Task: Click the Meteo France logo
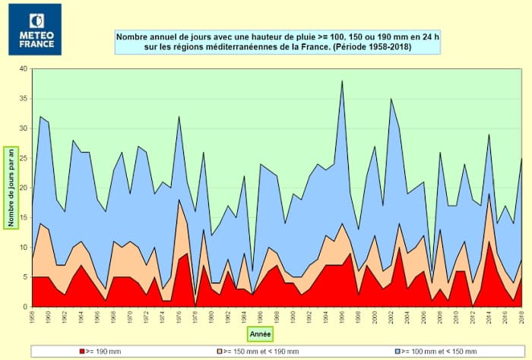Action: (x=34, y=29)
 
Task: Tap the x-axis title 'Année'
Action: (x=260, y=333)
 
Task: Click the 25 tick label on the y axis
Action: (x=24, y=158)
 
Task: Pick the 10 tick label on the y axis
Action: (x=24, y=247)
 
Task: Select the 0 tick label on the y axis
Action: (x=25, y=306)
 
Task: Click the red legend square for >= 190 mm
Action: (x=81, y=350)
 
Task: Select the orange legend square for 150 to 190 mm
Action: (x=221, y=350)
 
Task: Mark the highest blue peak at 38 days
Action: (x=342, y=81)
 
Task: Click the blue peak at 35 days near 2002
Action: (x=391, y=99)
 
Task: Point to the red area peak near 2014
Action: (x=489, y=242)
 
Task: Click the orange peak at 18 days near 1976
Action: (x=179, y=200)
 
